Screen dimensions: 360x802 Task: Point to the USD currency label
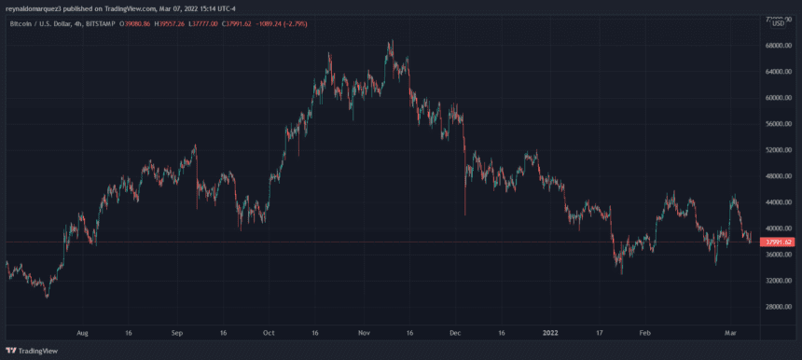[x=779, y=22]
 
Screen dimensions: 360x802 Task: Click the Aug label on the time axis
[x=82, y=331]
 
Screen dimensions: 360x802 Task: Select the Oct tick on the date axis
[x=269, y=331]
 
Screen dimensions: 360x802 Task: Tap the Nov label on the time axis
[x=365, y=331]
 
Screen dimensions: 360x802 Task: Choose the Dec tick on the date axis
[x=455, y=331]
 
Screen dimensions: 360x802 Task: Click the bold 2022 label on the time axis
[x=550, y=331]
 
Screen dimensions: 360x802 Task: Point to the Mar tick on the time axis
[x=733, y=331]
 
